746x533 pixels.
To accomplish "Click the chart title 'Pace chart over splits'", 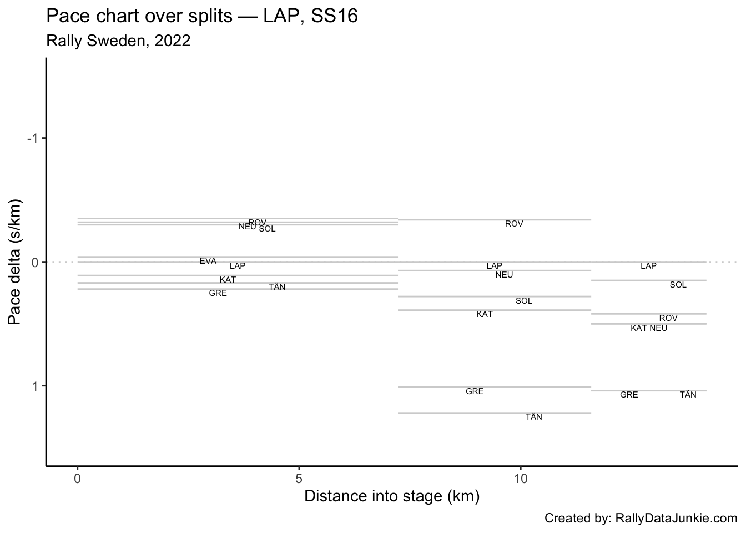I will click(x=202, y=17).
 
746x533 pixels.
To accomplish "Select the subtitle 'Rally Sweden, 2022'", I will click(x=118, y=41).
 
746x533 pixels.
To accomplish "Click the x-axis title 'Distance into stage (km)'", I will click(x=391, y=496).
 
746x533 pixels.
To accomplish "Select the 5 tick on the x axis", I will click(x=299, y=479).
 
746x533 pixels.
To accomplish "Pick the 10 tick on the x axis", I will click(x=521, y=479).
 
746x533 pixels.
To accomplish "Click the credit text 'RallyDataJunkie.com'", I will click(x=641, y=519).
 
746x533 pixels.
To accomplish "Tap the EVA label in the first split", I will click(x=208, y=261).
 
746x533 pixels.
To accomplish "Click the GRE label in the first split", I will click(x=218, y=293).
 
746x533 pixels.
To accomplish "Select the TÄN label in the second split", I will click(x=533, y=417).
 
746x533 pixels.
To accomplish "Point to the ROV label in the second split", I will click(x=514, y=224).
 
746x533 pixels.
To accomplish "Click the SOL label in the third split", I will click(x=678, y=285).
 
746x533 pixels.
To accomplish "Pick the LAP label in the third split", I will click(x=648, y=266).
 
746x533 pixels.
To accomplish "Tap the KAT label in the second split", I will click(x=485, y=314).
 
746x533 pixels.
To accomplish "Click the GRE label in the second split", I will click(x=475, y=391).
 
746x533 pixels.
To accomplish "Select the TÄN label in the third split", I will click(x=688, y=395).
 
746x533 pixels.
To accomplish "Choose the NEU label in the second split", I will click(x=504, y=275).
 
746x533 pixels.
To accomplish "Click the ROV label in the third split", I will click(x=668, y=318).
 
